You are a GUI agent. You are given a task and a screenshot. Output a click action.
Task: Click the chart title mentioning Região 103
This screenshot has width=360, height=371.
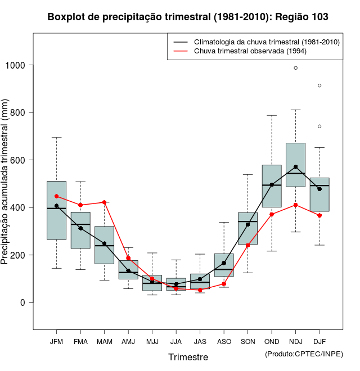(188, 17)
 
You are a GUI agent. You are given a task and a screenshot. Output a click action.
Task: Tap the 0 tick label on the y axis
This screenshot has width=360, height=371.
(23, 302)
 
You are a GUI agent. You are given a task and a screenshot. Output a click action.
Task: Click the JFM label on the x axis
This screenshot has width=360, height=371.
(56, 342)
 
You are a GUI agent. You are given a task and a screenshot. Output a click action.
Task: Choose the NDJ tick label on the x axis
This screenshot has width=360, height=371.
(295, 342)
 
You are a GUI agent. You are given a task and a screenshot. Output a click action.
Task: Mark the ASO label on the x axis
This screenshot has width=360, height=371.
(224, 342)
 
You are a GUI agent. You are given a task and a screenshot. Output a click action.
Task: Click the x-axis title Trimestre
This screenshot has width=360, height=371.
(188, 357)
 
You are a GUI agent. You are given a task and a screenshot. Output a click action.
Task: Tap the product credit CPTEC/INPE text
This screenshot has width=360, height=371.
(304, 354)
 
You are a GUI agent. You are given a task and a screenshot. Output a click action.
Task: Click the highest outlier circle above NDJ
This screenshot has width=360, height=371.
(295, 68)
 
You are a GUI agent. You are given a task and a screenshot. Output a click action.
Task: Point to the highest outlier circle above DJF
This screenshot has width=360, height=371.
(319, 85)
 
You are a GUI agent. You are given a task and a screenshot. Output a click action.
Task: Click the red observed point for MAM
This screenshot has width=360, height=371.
(104, 202)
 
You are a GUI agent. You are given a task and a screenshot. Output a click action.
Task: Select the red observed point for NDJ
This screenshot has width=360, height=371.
(295, 205)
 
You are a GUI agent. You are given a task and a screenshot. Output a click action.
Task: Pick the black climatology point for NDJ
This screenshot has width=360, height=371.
(295, 167)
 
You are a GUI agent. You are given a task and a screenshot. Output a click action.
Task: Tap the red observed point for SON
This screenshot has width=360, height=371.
(247, 245)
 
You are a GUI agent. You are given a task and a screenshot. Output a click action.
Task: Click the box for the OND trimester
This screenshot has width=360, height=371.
(272, 185)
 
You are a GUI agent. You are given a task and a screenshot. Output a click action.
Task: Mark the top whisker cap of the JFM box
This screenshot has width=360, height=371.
(56, 138)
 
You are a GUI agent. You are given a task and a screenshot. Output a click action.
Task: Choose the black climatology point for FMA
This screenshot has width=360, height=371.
(80, 228)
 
